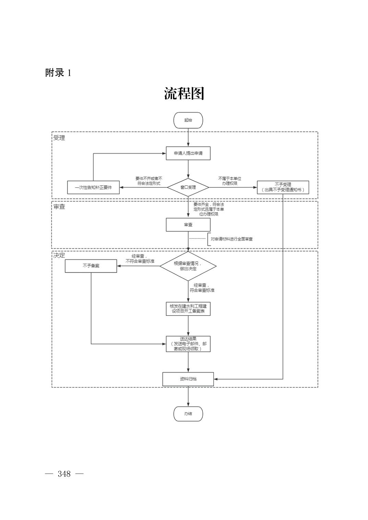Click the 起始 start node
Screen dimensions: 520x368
pos(188,120)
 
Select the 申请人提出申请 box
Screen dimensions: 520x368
pos(188,153)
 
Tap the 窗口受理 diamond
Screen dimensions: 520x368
pos(188,187)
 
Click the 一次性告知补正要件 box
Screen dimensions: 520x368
pos(93,187)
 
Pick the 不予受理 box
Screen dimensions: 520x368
pos(283,187)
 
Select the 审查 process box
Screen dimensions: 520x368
pos(188,225)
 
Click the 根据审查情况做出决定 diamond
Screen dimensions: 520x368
pos(188,266)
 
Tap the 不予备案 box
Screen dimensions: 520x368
pos(91,266)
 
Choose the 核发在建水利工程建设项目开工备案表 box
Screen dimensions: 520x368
pos(188,309)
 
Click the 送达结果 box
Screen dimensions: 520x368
pos(188,344)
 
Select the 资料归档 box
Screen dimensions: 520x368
pos(188,379)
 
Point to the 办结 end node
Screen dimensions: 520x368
pos(188,414)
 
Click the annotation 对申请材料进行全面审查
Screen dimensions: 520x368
pos(232,239)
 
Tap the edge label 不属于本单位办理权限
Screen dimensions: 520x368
pos(230,181)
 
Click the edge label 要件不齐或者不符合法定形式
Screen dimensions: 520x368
pos(149,181)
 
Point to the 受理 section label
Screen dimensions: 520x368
pos(59,138)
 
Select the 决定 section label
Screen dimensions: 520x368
pos(59,256)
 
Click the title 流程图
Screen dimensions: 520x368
pos(184,93)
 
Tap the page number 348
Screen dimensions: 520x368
pos(64,474)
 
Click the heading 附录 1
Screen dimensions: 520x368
pos(58,73)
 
